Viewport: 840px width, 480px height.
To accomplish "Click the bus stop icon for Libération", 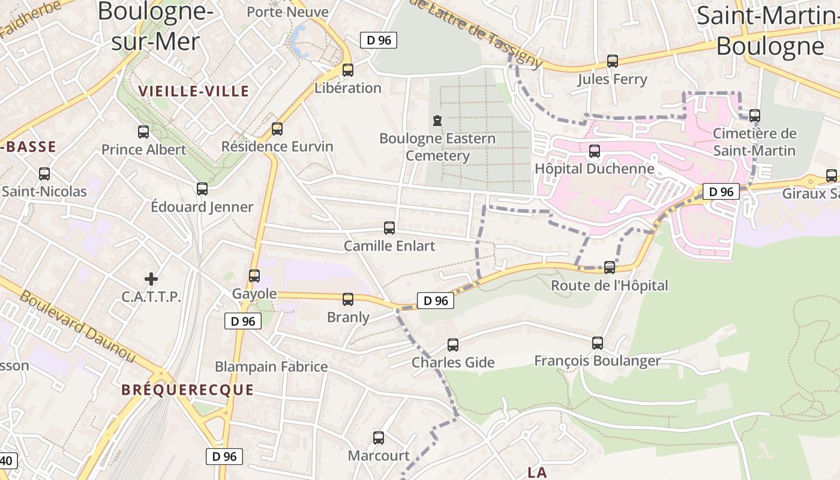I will pyautogui.click(x=347, y=70).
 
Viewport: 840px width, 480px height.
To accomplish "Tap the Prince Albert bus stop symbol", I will pyautogui.click(x=143, y=132).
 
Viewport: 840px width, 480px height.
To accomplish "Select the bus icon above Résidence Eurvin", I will pyautogui.click(x=277, y=129).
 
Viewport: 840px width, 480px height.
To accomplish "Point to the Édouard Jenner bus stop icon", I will pyautogui.click(x=202, y=189).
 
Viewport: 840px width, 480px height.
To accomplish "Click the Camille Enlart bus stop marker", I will pyautogui.click(x=389, y=228).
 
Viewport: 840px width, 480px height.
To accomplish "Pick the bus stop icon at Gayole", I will pyautogui.click(x=254, y=276).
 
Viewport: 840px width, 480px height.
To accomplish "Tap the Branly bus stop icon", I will pyautogui.click(x=348, y=299).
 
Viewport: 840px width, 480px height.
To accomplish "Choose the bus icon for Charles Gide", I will pyautogui.click(x=453, y=345).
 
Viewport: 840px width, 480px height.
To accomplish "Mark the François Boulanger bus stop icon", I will pyautogui.click(x=598, y=343).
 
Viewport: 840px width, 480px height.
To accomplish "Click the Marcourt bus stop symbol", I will pyautogui.click(x=379, y=438).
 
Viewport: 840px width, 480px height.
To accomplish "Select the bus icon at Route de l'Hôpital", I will pyautogui.click(x=610, y=268).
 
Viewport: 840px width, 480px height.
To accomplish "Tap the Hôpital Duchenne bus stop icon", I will pyautogui.click(x=595, y=151).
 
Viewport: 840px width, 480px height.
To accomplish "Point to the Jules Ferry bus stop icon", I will pyautogui.click(x=613, y=61).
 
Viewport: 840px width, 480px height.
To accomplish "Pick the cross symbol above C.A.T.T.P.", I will pyautogui.click(x=151, y=278).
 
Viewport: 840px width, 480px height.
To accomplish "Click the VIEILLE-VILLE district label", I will pyautogui.click(x=193, y=91).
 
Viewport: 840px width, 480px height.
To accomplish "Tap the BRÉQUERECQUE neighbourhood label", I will pyautogui.click(x=187, y=390).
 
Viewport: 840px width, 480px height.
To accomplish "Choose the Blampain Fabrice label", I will pyautogui.click(x=271, y=367).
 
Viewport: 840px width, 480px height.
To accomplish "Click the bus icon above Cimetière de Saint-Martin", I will pyautogui.click(x=755, y=116).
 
